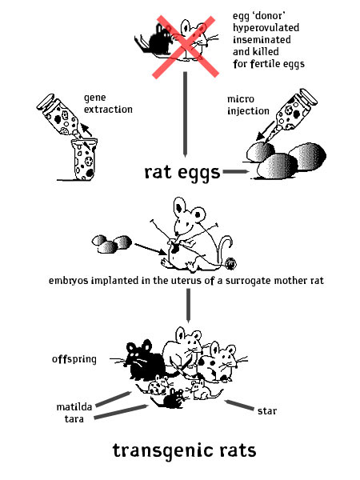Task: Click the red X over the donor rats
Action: [x=186, y=46]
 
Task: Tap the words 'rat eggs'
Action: [x=182, y=173]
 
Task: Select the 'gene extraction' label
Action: [x=108, y=103]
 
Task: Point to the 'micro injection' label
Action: [x=248, y=105]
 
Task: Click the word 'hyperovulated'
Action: [x=266, y=28]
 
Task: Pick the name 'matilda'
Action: [x=74, y=407]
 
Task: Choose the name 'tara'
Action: [x=74, y=418]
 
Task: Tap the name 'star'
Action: [x=267, y=411]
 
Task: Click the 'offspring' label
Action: [x=74, y=358]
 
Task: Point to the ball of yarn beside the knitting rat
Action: [x=230, y=263]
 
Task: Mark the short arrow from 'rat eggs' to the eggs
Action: [x=236, y=171]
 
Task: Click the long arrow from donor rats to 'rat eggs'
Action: [x=186, y=114]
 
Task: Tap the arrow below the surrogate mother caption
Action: [x=188, y=306]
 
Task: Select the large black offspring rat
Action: [x=146, y=362]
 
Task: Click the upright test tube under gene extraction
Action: [x=84, y=159]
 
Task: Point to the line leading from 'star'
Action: [x=239, y=405]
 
